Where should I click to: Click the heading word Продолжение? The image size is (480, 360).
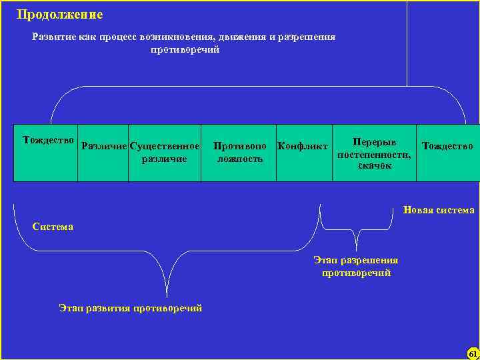[x=60, y=14]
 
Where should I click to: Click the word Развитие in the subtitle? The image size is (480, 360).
[x=54, y=37]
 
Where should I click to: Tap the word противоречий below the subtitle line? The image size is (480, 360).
[x=185, y=49]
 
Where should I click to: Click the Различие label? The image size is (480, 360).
[x=103, y=145]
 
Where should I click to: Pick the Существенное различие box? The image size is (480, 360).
[x=165, y=153]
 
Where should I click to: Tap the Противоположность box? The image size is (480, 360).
[x=239, y=153]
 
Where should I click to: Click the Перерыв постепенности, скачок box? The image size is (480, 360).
[x=374, y=153]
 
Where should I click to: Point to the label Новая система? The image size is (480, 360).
[x=439, y=210]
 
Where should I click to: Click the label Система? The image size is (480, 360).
[x=53, y=227]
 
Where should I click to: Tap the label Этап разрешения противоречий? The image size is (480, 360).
[x=356, y=267]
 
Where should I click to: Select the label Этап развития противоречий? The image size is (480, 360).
[x=130, y=307]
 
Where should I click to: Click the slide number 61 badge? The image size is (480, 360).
[x=472, y=353]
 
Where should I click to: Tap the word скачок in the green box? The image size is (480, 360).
[x=374, y=165]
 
